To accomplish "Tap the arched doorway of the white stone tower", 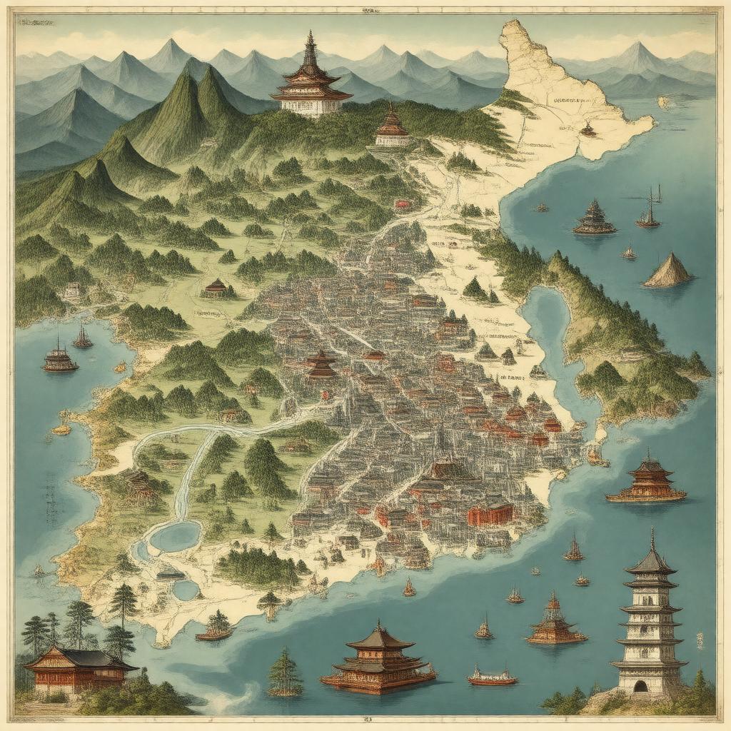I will click(640, 686).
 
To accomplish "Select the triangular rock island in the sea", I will click(667, 271).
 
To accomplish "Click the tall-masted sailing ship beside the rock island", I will click(648, 211).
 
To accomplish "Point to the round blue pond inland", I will click(174, 537).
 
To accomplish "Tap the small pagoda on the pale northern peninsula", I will click(588, 130).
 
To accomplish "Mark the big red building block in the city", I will click(490, 514).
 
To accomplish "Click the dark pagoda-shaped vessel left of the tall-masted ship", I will click(594, 218).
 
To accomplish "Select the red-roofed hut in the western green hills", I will click(216, 287).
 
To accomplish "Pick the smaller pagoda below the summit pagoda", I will click(393, 128).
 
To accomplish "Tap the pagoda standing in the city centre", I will click(321, 365).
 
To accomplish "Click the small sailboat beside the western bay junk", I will click(83, 338).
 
